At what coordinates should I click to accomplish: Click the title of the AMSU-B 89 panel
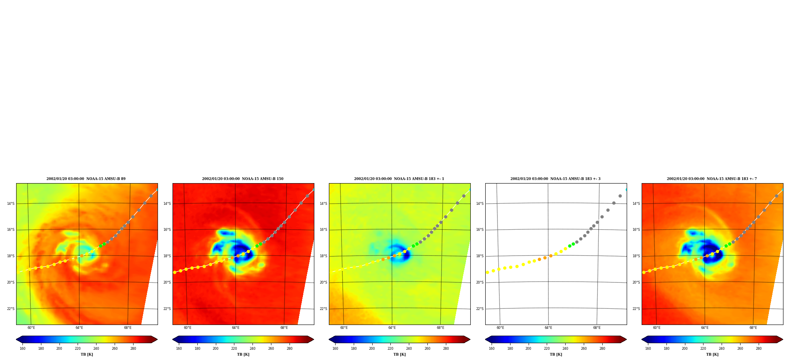tap(86, 179)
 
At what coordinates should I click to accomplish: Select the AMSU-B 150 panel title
tap(243, 179)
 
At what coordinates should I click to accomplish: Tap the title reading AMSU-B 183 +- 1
tap(399, 179)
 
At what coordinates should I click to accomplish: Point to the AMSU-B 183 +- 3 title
tap(555, 179)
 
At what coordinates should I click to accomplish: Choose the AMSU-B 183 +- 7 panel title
tap(712, 179)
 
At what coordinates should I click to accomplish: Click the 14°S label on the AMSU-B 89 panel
tap(11, 204)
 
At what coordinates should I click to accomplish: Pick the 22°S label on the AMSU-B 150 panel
tap(167, 309)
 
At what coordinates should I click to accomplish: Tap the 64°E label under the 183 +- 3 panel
tap(548, 328)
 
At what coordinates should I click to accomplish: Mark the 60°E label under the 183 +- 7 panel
tap(657, 328)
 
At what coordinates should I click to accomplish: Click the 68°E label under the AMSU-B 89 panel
tap(128, 328)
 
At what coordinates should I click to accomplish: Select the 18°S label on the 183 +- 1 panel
tap(323, 256)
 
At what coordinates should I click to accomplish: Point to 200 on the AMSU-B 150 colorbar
tap(215, 349)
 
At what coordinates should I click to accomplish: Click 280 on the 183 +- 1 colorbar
tap(446, 349)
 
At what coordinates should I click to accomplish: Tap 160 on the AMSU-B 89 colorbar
tap(22, 349)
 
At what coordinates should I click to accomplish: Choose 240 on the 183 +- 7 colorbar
tap(722, 349)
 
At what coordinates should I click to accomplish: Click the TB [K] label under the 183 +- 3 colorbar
tap(556, 354)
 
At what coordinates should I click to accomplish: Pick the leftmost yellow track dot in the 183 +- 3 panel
tap(487, 272)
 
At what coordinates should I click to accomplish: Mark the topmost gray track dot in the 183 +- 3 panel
tap(620, 196)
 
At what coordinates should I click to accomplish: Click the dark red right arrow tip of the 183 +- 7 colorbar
tap(783, 340)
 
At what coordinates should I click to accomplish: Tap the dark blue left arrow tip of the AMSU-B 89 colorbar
tap(17, 340)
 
